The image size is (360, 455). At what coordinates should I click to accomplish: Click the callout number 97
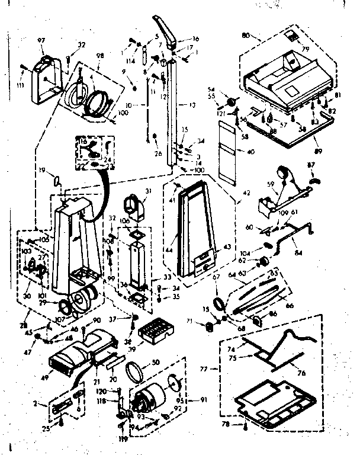click(x=41, y=40)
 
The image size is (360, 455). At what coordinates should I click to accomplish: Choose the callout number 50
click(x=157, y=363)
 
